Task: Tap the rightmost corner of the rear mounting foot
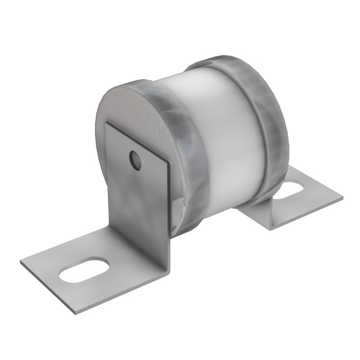pos(342,197)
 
